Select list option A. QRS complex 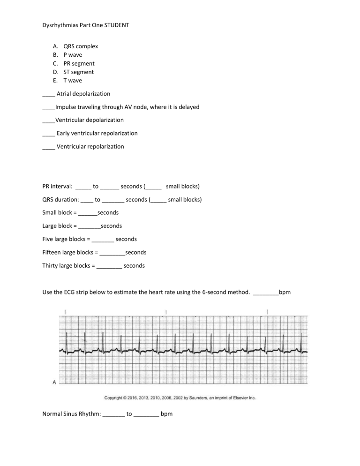[75, 46]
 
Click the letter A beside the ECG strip [54, 382]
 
